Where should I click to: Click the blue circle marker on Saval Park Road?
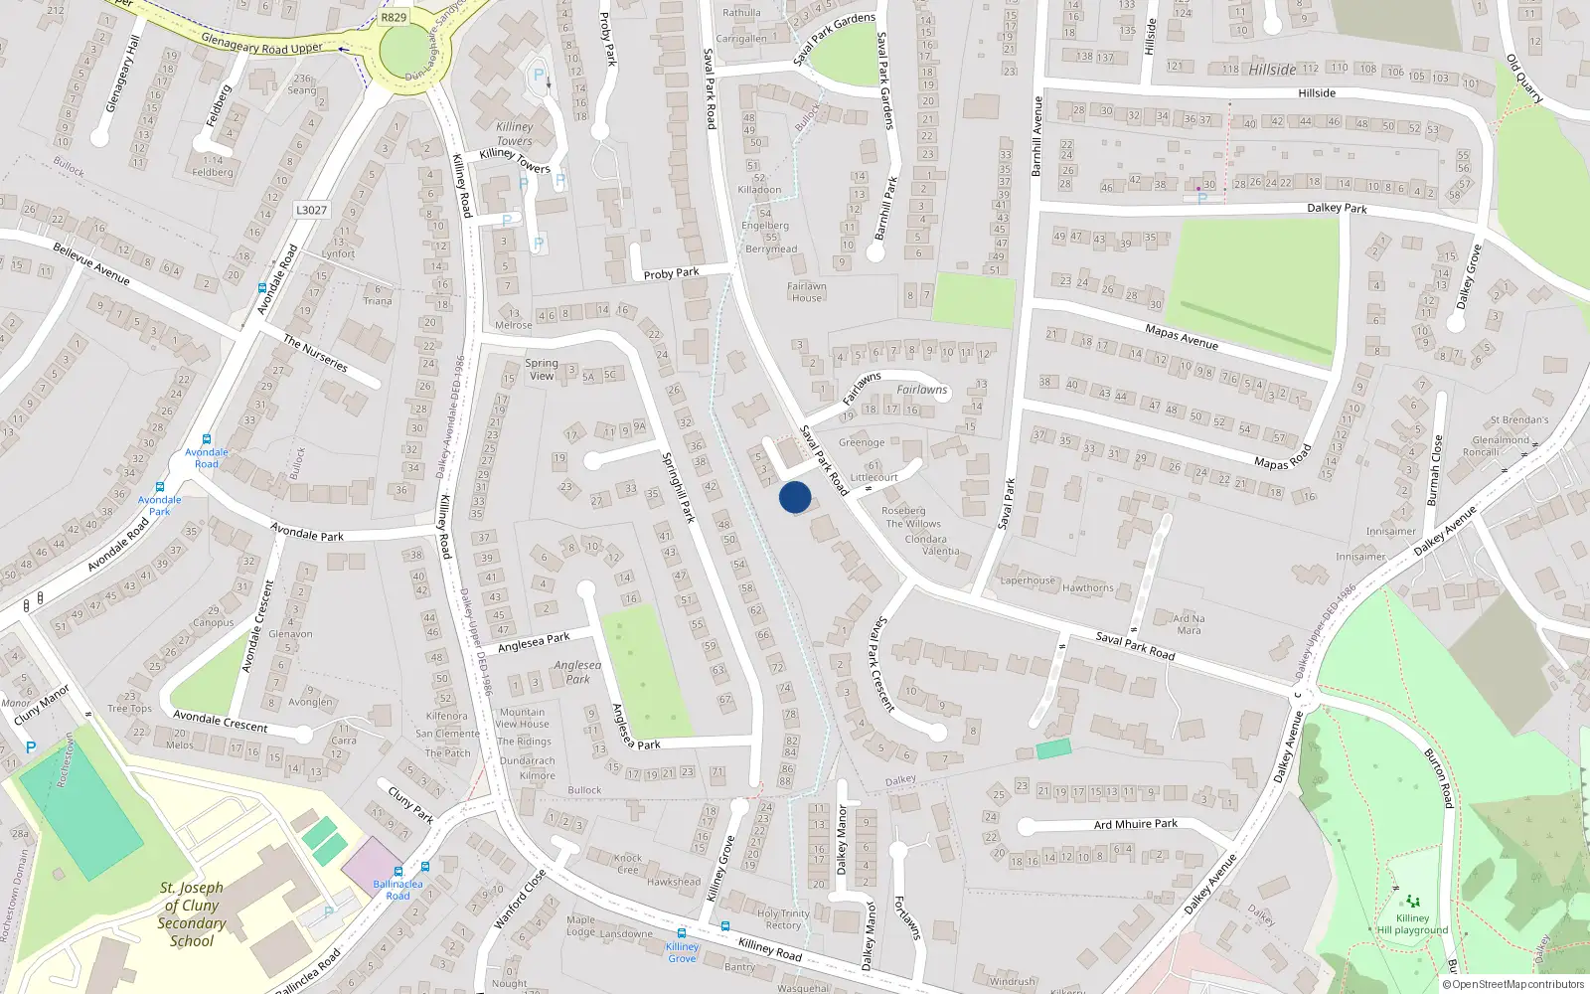pyautogui.click(x=795, y=497)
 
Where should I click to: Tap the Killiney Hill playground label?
pyautogui.click(x=1412, y=924)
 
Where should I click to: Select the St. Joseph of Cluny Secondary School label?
pyautogui.click(x=192, y=914)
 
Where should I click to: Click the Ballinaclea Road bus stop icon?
pyautogui.click(x=425, y=867)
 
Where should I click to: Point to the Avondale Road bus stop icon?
pyautogui.click(x=207, y=439)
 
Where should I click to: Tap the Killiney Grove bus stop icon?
pyautogui.click(x=682, y=933)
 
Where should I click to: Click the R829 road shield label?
pyautogui.click(x=394, y=17)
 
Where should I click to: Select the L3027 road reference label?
pyautogui.click(x=311, y=210)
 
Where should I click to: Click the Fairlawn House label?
pyautogui.click(x=807, y=291)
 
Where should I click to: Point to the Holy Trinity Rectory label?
pyautogui.click(x=783, y=919)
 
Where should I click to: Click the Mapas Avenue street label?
pyautogui.click(x=1182, y=337)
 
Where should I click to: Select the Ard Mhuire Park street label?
pyautogui.click(x=1136, y=824)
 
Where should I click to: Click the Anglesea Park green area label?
pyautogui.click(x=577, y=672)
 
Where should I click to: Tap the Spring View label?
pyautogui.click(x=542, y=370)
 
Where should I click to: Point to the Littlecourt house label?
pyautogui.click(x=874, y=477)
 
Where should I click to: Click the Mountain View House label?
pyautogui.click(x=523, y=718)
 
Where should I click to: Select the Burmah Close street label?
pyautogui.click(x=1434, y=470)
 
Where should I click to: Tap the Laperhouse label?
pyautogui.click(x=1028, y=580)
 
